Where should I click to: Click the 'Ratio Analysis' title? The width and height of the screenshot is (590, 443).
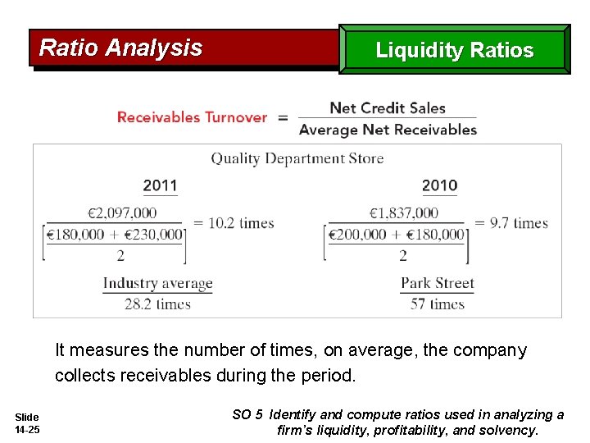click(x=120, y=48)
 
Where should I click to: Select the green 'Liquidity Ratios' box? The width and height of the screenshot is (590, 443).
click(x=454, y=50)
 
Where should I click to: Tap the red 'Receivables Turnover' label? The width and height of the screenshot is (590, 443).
click(x=192, y=117)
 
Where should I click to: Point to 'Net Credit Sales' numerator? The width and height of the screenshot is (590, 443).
click(x=387, y=107)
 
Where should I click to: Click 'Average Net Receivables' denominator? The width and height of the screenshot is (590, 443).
click(x=388, y=129)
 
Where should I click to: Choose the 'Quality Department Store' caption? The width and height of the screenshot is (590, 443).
click(x=297, y=158)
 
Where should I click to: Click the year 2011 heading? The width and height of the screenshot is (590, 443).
click(x=160, y=185)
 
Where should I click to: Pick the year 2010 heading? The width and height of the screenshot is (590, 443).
click(x=439, y=185)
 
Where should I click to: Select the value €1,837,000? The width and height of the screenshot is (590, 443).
click(x=403, y=213)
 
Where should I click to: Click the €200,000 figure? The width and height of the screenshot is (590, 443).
click(x=356, y=235)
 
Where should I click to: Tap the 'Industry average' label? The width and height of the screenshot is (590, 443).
click(x=157, y=284)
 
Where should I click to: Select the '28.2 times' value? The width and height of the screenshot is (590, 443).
click(x=157, y=304)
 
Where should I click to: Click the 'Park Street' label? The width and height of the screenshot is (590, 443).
click(x=437, y=284)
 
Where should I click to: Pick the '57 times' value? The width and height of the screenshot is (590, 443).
click(x=437, y=304)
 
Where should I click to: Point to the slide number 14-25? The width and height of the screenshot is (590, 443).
click(x=27, y=429)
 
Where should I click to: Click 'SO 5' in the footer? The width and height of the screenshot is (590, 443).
click(x=247, y=414)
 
